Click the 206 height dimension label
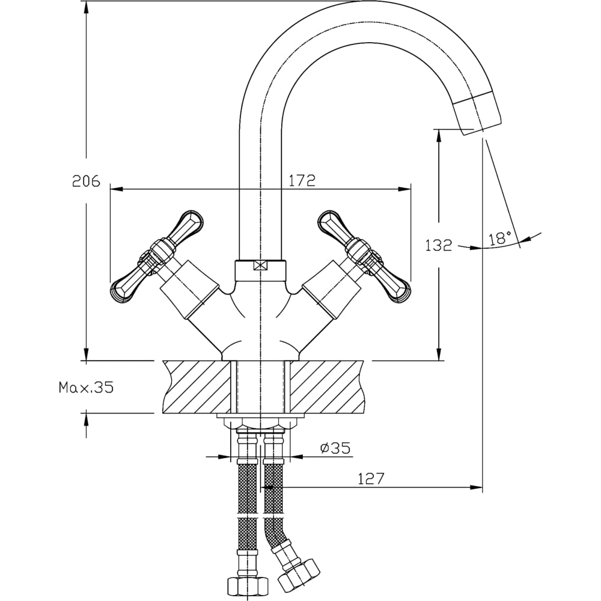(86, 181)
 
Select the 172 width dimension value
(302, 180)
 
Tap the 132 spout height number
(438, 245)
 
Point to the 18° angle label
(500, 238)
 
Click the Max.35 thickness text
(86, 388)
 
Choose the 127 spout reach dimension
(371, 478)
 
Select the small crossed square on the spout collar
(260, 265)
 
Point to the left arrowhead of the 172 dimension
(115, 189)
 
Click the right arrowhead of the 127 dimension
(477, 487)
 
